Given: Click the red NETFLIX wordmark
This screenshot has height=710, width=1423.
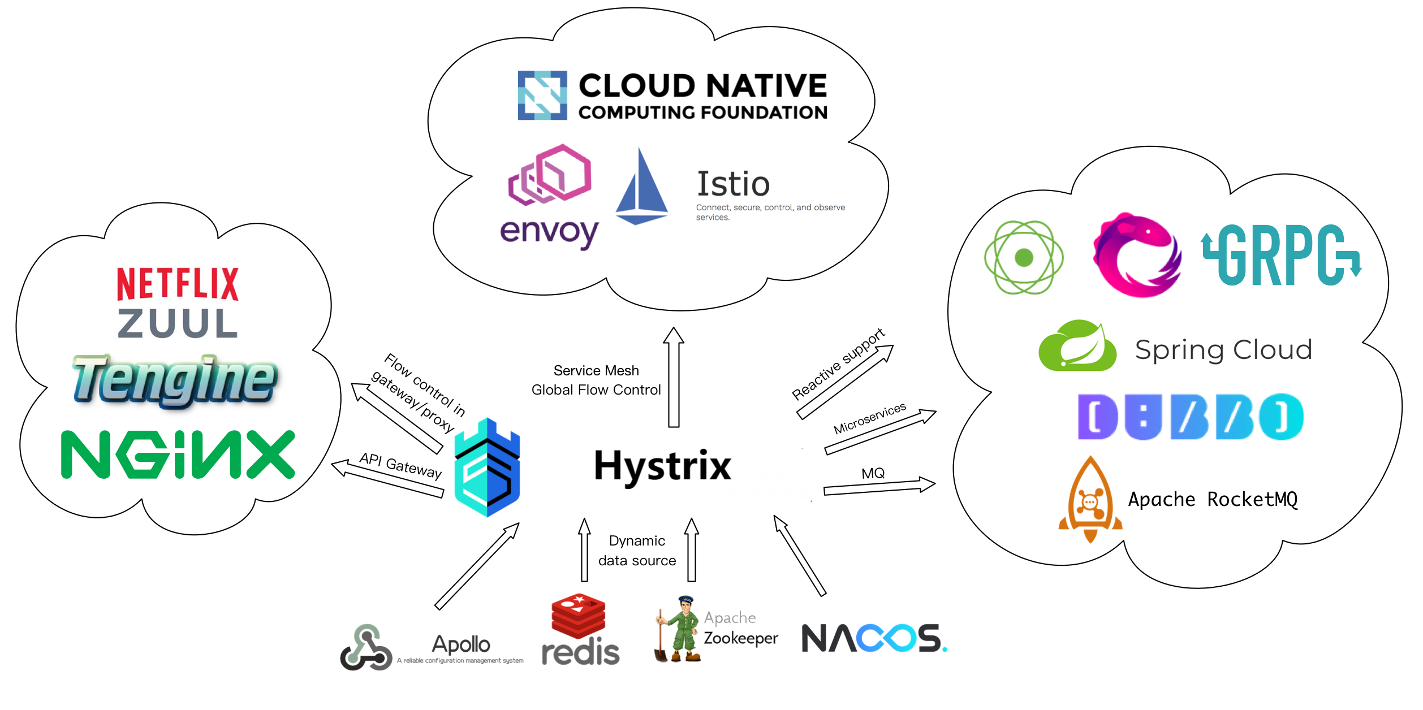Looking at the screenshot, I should [x=178, y=284].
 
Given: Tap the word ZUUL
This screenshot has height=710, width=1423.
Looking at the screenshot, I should [x=178, y=323].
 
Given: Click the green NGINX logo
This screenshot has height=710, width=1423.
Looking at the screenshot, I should [x=178, y=454].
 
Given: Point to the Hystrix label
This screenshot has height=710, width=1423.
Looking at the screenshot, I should [x=662, y=466].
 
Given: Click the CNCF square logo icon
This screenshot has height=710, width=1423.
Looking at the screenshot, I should [x=542, y=95].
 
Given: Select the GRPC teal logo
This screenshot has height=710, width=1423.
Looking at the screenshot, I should [x=1282, y=256].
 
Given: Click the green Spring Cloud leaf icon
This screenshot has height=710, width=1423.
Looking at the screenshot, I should [x=1078, y=346].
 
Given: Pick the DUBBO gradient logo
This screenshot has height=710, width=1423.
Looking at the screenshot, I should [x=1191, y=417].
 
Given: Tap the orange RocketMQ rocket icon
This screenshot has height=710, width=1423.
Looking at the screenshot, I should [x=1090, y=500].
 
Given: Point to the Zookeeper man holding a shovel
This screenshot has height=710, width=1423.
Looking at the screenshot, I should [x=679, y=629].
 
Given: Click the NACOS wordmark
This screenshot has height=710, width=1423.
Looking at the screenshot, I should [x=874, y=639].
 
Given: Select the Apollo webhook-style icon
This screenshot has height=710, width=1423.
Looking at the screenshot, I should [x=366, y=648].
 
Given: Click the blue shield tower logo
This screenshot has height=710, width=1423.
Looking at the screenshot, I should [x=488, y=468].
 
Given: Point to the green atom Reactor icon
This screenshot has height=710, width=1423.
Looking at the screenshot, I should [x=1024, y=258].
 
